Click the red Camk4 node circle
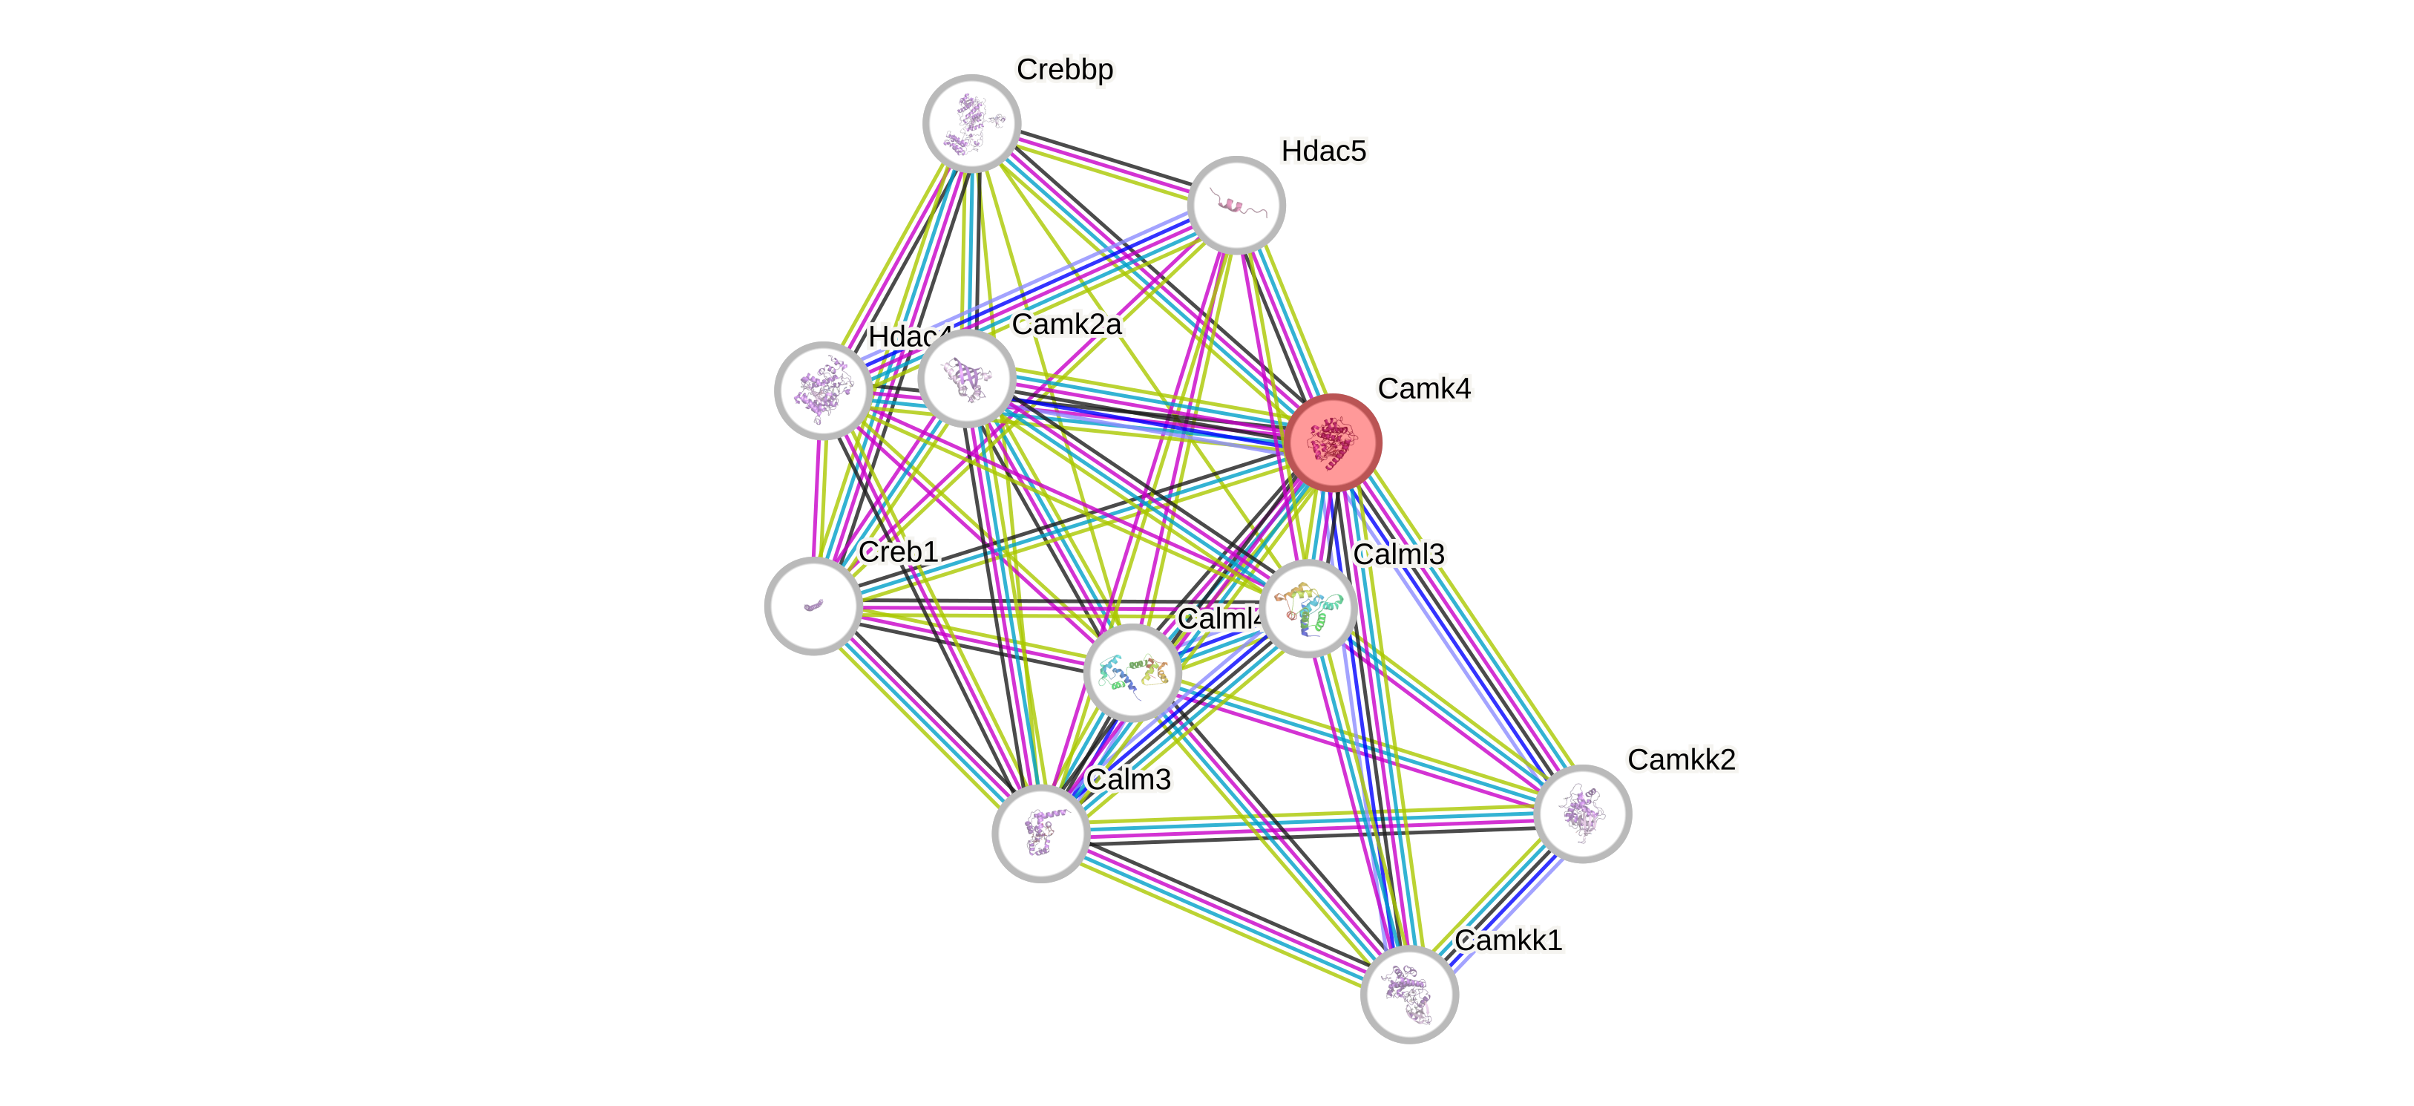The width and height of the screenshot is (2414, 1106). tap(1333, 442)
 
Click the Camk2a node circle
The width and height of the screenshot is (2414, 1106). tap(966, 378)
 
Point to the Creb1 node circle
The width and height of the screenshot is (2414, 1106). tap(813, 606)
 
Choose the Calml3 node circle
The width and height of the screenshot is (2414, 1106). tap(1308, 609)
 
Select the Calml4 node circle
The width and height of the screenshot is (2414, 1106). tap(1131, 672)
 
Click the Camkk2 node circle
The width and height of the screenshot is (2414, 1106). tap(1582, 813)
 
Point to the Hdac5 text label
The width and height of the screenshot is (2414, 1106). tap(1323, 151)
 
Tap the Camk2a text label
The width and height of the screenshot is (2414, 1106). tap(1066, 324)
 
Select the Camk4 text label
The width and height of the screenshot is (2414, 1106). tap(1424, 388)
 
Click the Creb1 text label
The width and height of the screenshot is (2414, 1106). tap(898, 552)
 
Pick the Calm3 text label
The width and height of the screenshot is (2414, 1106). tap(1128, 779)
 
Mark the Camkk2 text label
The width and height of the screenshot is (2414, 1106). tap(1681, 759)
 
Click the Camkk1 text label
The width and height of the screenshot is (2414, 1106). tap(1509, 940)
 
